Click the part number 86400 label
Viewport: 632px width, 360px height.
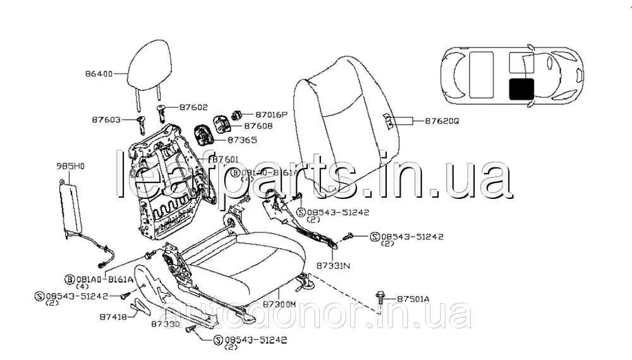pyautogui.click(x=99, y=74)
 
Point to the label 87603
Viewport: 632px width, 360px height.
pyautogui.click(x=105, y=119)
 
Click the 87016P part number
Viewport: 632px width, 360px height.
pyautogui.click(x=271, y=115)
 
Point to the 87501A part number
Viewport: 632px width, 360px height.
pyautogui.click(x=413, y=299)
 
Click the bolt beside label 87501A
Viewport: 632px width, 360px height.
pyautogui.click(x=382, y=296)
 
